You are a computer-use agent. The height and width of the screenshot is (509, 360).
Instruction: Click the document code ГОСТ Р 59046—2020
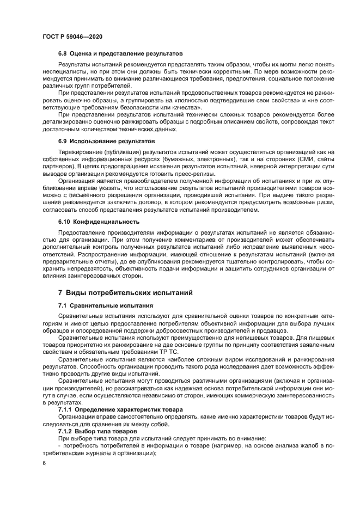click(x=72, y=36)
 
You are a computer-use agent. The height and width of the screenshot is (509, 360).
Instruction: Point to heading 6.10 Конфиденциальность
click(x=99, y=222)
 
